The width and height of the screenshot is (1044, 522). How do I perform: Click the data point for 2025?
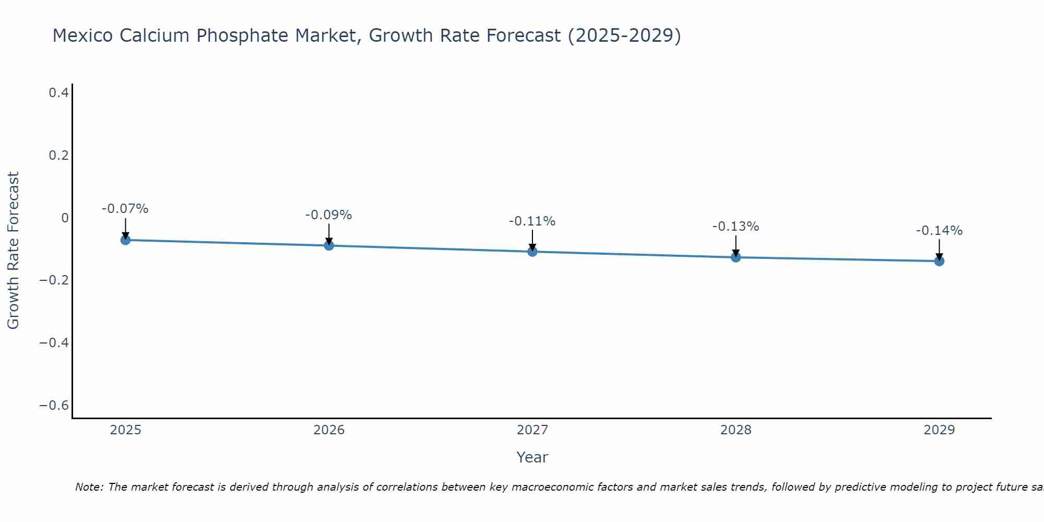click(x=125, y=240)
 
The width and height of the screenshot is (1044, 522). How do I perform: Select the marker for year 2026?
click(x=329, y=245)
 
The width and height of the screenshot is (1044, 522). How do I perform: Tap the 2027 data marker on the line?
click(x=532, y=252)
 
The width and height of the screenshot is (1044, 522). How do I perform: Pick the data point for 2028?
click(x=736, y=257)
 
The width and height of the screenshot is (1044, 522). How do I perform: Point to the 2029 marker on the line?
click(x=939, y=261)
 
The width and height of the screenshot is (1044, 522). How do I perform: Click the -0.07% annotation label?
click(x=125, y=209)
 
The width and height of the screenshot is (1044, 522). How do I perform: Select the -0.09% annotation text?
click(x=329, y=215)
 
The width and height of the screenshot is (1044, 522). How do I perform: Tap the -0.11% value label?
click(x=532, y=221)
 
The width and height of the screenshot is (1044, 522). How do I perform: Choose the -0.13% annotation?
click(x=736, y=227)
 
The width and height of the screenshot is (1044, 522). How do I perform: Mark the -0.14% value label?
click(x=939, y=231)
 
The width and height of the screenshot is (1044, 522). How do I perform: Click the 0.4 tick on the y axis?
click(x=58, y=93)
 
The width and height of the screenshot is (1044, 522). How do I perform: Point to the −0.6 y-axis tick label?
click(x=54, y=406)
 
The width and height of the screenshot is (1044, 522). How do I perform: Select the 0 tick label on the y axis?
click(x=65, y=218)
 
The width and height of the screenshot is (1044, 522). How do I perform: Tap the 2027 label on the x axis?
click(x=532, y=430)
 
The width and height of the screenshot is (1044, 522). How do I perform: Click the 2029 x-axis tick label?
click(x=939, y=430)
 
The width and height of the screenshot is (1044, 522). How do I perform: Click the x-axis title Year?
click(x=532, y=457)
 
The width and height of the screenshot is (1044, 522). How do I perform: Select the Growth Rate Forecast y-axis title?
click(x=13, y=250)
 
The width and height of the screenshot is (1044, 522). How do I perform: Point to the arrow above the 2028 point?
click(x=736, y=245)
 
